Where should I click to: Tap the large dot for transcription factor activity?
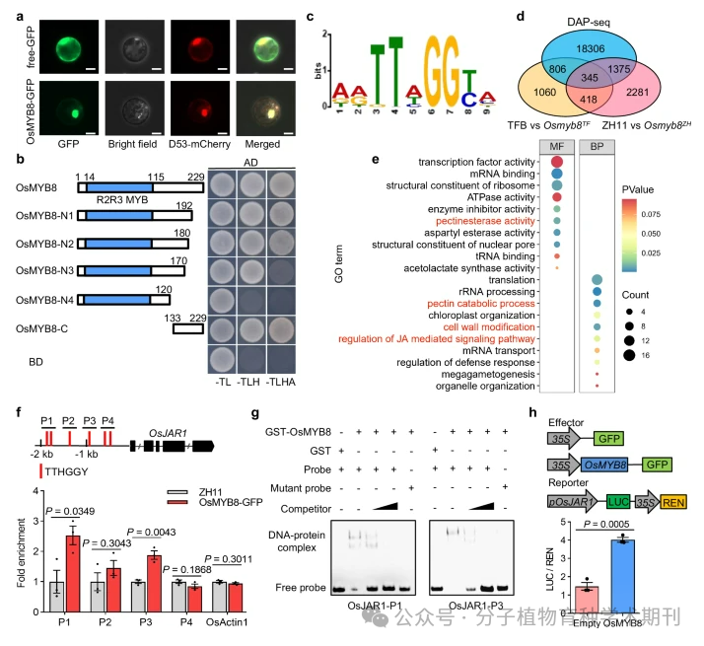tap(556, 162)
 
